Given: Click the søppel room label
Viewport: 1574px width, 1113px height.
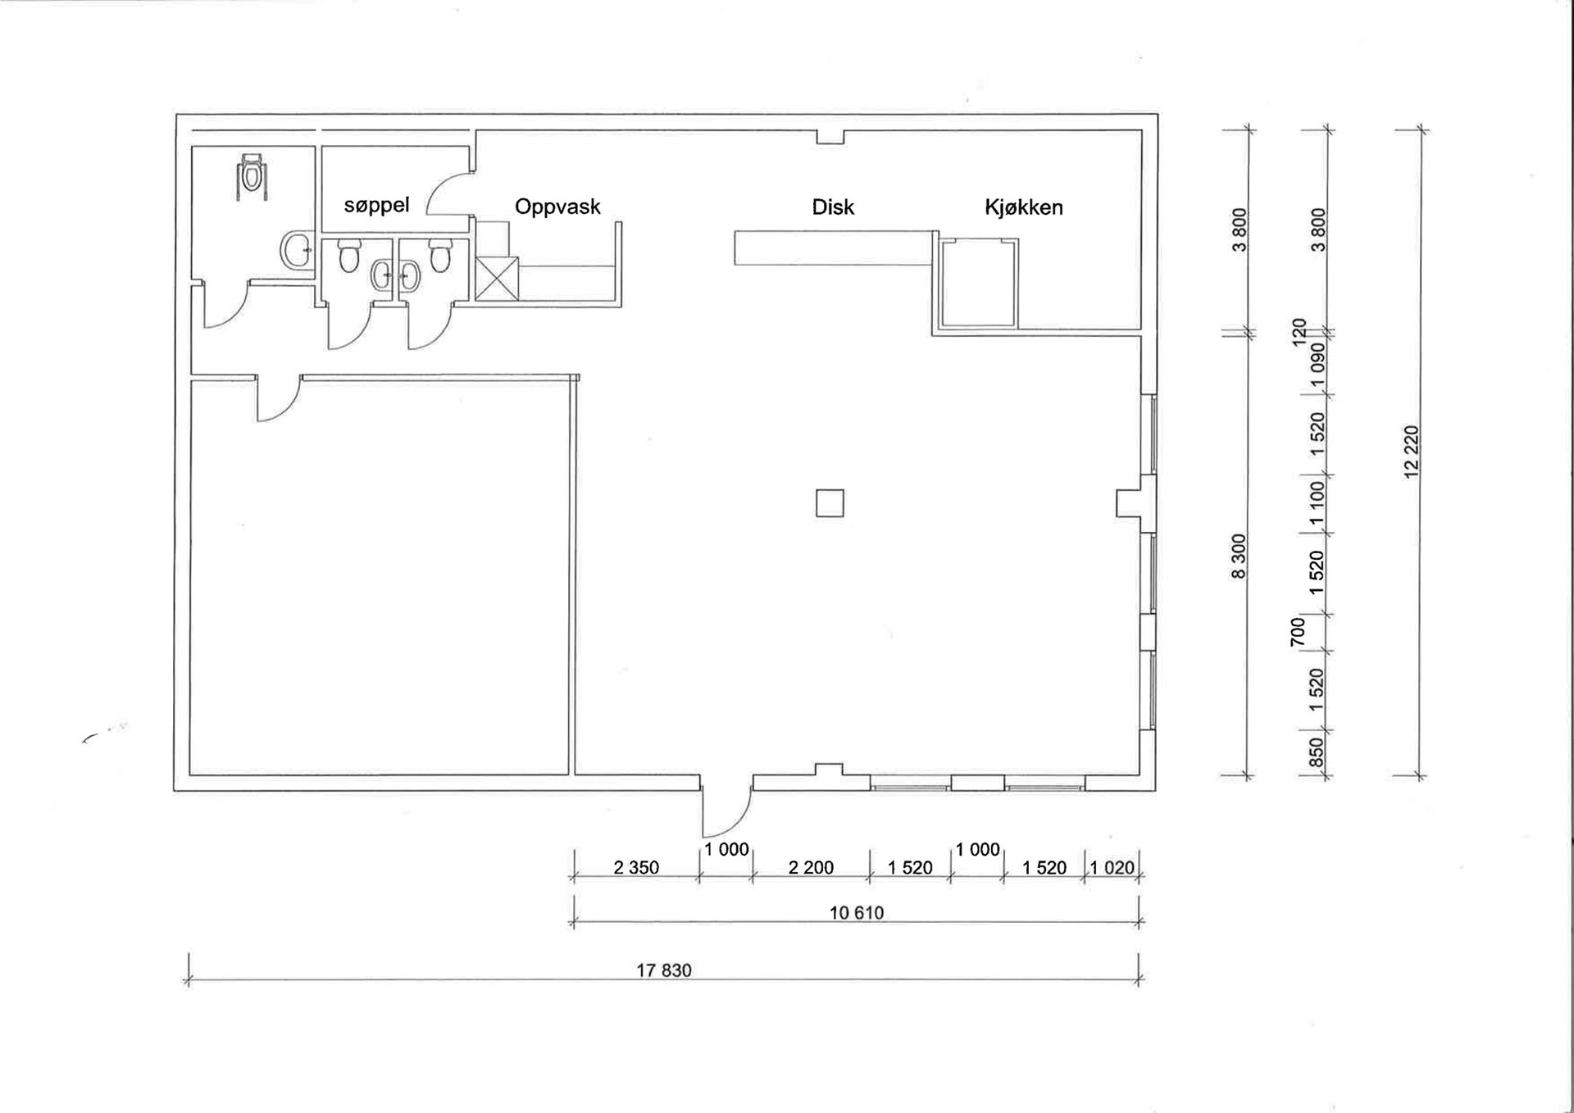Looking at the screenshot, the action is coord(376,205).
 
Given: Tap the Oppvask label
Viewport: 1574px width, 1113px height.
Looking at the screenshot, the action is coord(557,207).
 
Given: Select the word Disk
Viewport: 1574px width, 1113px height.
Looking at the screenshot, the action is coord(833,207).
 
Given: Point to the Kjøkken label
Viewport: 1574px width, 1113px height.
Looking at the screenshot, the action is coord(1024,207).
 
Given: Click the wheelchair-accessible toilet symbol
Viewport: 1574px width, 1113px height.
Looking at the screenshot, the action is coord(252,176).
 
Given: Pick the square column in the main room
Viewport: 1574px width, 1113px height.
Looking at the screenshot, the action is coord(830,503).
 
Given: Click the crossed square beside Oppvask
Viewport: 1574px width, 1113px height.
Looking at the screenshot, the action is coord(497,279).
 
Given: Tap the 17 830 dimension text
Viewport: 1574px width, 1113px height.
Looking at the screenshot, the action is coord(664,970).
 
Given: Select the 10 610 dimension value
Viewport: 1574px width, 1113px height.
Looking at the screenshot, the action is coord(857,913).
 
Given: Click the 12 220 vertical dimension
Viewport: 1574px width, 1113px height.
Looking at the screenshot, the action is coord(1411,452).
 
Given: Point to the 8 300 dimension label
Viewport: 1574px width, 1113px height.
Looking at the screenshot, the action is coord(1239,556).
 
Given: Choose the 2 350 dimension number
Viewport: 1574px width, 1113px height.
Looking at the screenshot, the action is coord(636,867).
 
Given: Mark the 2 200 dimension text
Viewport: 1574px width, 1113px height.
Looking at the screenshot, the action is coord(811,867).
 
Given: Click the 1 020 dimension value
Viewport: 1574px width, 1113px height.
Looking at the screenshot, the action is coord(1112,867).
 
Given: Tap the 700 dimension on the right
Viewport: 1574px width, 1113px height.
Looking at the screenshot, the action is coord(1298,632).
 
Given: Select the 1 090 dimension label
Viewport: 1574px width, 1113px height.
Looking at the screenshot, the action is coord(1317,357).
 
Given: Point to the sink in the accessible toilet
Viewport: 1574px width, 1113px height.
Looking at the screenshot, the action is coord(296,250).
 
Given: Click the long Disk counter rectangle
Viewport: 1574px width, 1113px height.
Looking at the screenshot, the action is coord(835,248).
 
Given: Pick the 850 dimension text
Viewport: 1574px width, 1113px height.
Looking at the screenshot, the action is coord(1316,752).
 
